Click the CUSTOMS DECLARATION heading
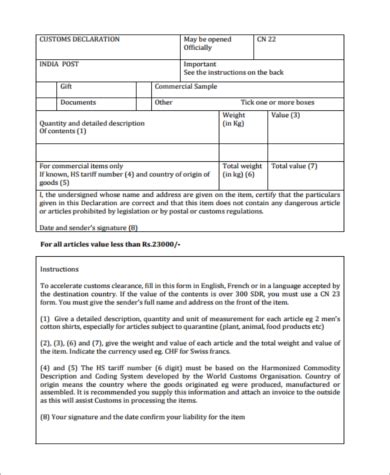pos(79,39)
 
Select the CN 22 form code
pos(267,39)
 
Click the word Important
pos(201,64)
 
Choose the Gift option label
pos(67,87)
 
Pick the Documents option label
pos(78,102)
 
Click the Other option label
pos(164,102)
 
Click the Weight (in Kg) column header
pos(233,120)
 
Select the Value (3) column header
pos(287,116)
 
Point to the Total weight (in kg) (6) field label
pos(243,169)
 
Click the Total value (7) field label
pos(296,165)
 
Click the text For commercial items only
pos(81,165)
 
